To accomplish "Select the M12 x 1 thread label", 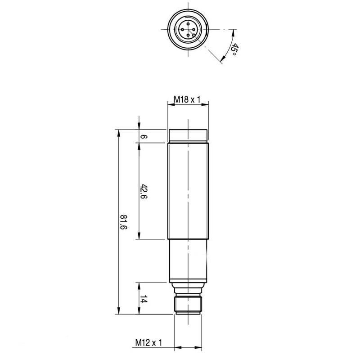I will [148, 343].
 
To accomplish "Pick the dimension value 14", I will [144, 299].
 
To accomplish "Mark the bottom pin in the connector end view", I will [188, 34].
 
